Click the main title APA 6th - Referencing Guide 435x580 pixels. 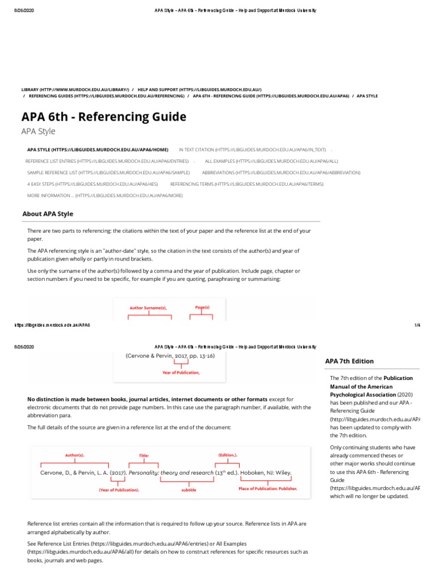coord(104,117)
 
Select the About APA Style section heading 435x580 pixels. coord(48,214)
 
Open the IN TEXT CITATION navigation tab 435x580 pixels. coord(252,150)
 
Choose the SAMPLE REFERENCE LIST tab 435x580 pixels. coord(108,172)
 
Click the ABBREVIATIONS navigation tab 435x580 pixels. coord(281,172)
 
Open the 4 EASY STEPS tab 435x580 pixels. coord(92,184)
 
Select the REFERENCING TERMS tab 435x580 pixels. coord(247,184)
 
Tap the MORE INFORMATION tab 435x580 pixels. coord(105,195)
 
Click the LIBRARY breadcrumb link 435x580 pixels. coord(75,89)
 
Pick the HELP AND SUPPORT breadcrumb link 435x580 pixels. coord(199,89)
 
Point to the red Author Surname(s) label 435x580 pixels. coord(148,308)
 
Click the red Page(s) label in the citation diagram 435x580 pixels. coord(202,307)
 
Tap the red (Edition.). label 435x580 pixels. coord(228,455)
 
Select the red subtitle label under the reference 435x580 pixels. coord(189,489)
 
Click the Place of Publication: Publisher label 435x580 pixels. coord(267,488)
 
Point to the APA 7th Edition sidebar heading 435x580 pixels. coord(349,361)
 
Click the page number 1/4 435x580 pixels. coord(417,325)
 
